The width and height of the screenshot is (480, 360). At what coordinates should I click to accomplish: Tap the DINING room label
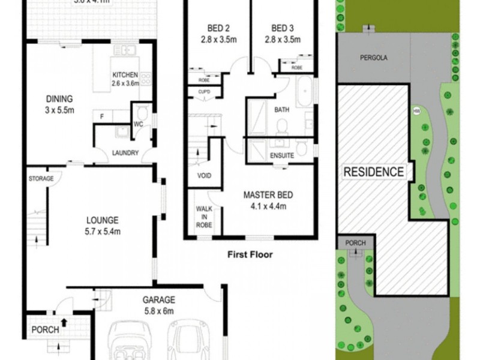[59, 100]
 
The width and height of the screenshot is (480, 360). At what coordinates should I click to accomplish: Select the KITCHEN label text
[125, 75]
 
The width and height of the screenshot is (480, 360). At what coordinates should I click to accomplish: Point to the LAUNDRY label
[125, 153]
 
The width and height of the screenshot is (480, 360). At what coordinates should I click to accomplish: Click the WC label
[139, 125]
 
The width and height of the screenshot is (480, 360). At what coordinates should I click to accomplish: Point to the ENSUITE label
[281, 155]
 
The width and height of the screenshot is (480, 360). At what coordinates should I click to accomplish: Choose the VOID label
[204, 176]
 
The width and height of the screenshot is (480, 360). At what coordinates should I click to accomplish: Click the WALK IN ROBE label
[204, 217]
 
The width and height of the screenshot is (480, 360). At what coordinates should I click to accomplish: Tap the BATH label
[281, 110]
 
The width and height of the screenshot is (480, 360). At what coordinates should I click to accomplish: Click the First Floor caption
[250, 254]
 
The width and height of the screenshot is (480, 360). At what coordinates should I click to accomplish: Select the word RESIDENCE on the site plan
[373, 172]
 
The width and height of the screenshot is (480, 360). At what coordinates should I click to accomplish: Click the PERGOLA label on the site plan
[373, 59]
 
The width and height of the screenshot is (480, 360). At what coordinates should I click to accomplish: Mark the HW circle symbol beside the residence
[416, 110]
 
